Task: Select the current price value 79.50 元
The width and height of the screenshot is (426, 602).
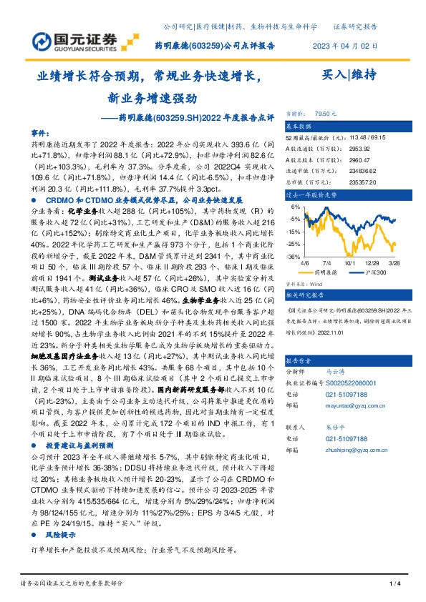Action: click(x=326, y=114)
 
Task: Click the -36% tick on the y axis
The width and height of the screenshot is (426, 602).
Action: click(x=292, y=256)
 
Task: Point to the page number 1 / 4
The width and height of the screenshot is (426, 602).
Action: click(x=393, y=586)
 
